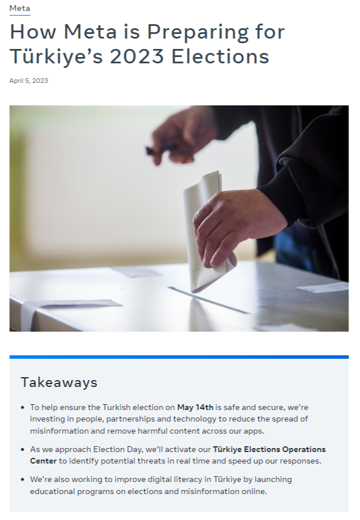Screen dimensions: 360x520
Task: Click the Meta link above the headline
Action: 20,8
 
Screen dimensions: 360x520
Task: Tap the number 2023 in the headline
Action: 137,56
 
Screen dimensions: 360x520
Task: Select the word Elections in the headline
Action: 220,56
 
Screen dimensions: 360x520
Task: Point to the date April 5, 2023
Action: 29,81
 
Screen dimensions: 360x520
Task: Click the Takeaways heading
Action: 59,382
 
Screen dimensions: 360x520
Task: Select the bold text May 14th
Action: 195,407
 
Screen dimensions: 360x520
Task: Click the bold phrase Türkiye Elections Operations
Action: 269,449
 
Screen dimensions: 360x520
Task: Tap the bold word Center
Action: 43,461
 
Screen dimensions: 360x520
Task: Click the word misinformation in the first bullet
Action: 59,431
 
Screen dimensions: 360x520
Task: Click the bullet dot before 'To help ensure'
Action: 22,407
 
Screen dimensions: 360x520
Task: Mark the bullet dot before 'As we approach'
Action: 22,450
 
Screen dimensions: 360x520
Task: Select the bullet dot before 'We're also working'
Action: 22,480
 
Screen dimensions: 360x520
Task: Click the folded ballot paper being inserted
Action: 206,232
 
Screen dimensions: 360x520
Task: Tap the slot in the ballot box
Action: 209,300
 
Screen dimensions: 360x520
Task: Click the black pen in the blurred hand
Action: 162,149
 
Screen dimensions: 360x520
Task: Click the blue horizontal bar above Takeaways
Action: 179,357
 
